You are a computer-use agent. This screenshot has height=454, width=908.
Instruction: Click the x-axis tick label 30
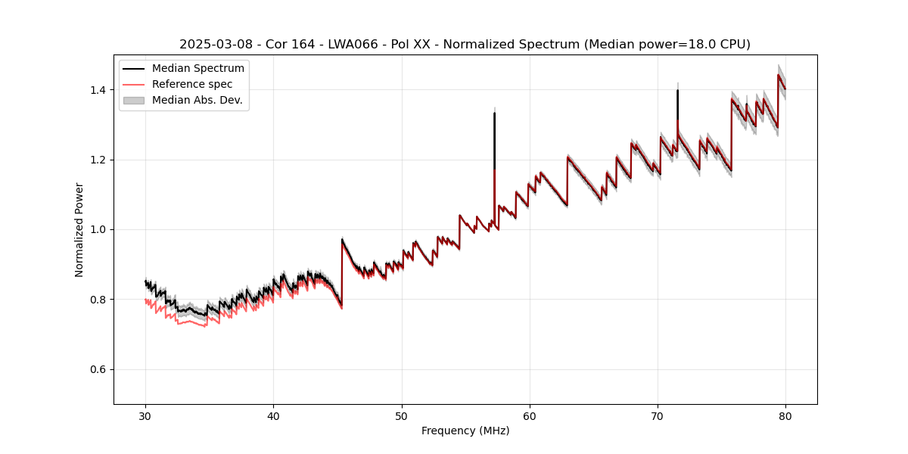coord(145,415)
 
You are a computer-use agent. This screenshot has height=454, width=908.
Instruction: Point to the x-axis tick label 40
coord(273,415)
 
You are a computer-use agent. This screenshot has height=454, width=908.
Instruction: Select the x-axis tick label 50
coord(402,415)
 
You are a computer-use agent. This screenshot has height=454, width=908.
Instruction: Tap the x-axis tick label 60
coord(530,415)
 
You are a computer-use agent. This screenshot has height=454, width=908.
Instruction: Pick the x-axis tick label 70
coord(658,415)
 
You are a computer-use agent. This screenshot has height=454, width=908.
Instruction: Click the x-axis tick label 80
coord(785,415)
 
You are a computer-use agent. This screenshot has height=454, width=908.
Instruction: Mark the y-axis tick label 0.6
coord(99,369)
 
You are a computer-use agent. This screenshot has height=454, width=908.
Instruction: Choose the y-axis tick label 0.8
coord(99,300)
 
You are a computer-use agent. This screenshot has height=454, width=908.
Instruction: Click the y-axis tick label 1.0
coord(99,229)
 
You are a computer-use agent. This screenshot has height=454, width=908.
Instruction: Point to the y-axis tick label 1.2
coord(99,160)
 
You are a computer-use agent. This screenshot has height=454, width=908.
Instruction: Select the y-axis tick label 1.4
coord(99,90)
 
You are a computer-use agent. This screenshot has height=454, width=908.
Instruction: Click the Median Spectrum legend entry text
coord(198,69)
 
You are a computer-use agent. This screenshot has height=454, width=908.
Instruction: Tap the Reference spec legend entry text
coord(192,84)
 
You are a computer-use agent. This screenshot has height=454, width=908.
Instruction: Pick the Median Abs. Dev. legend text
coord(197,100)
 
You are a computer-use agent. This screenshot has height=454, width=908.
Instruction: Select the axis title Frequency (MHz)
coord(465,431)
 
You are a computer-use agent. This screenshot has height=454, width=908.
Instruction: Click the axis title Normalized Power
coord(79,229)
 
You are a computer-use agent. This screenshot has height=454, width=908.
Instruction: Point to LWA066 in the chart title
coord(353,45)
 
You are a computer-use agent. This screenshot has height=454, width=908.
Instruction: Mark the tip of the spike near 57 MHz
coord(494,113)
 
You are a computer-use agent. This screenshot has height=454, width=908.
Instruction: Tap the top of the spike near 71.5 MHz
coord(677,90)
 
